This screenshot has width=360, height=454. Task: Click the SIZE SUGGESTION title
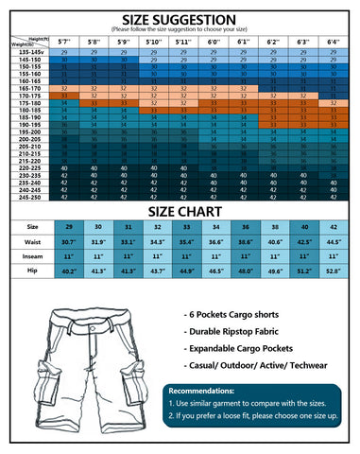click(180, 18)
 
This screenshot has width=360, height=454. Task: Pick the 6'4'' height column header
click(334, 42)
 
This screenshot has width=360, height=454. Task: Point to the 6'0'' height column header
click(214, 42)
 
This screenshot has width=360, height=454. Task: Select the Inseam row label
click(32, 256)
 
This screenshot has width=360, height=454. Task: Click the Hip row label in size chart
click(32, 271)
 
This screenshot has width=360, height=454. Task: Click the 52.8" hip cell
click(334, 271)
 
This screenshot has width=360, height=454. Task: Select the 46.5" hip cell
click(216, 271)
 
